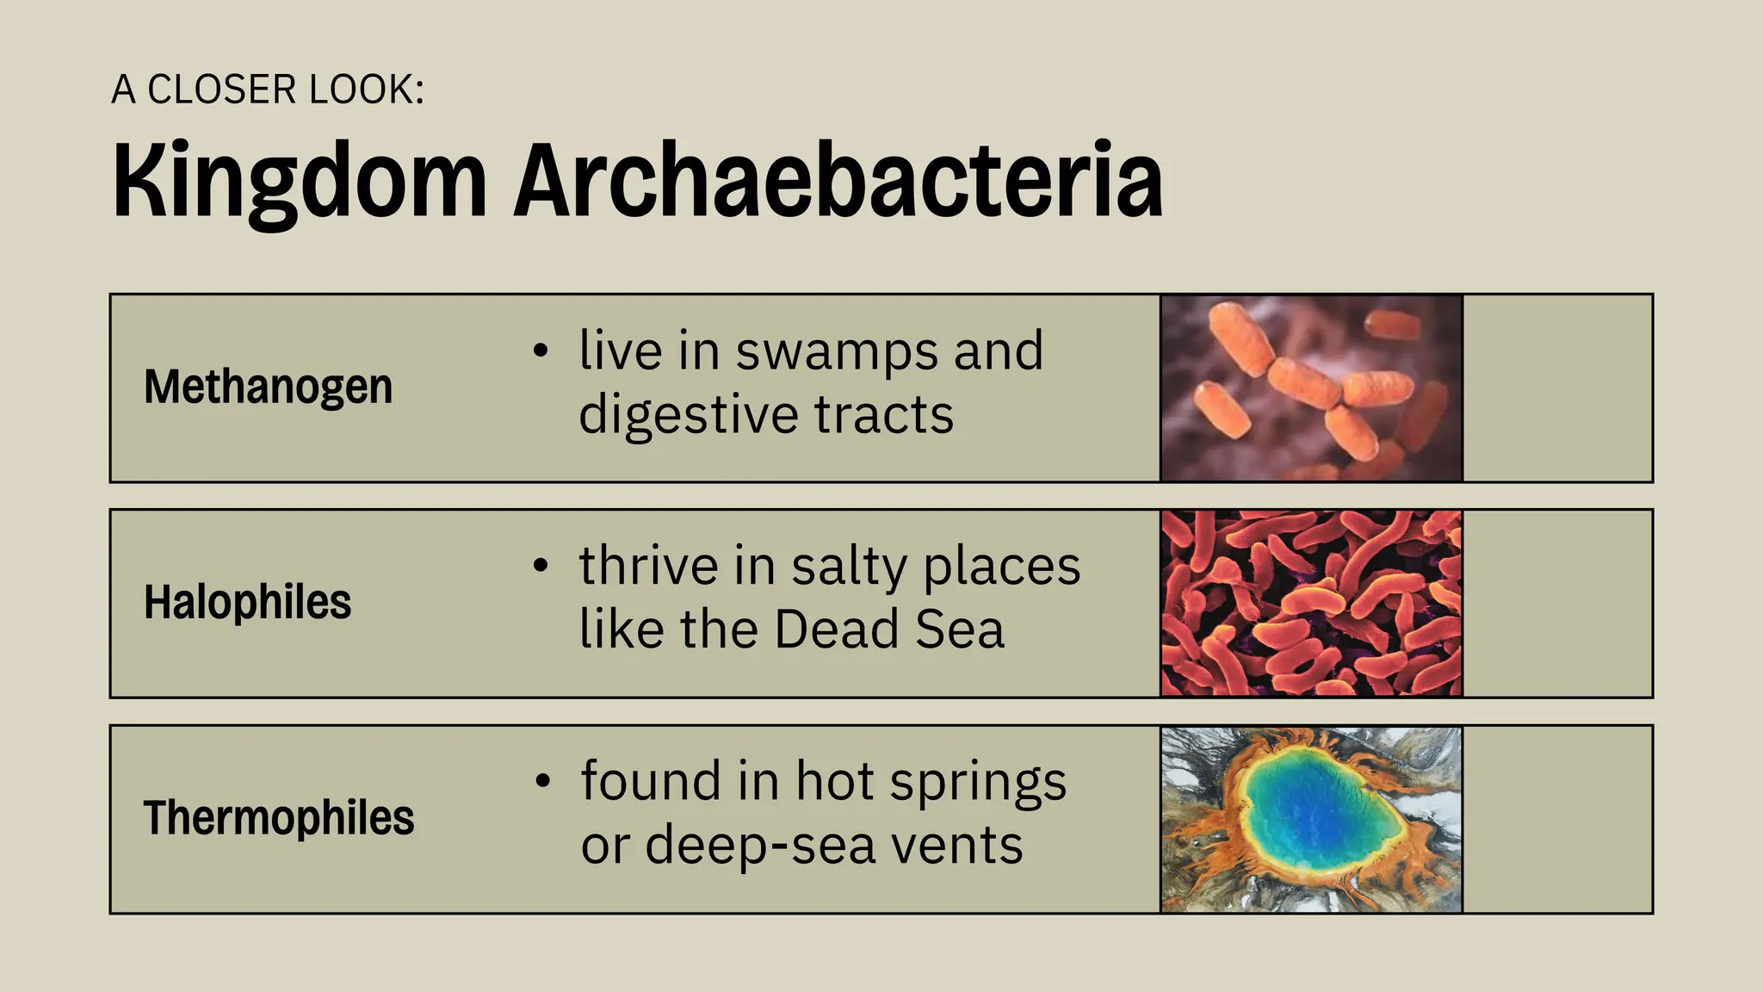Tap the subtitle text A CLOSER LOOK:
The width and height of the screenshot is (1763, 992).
[x=268, y=90]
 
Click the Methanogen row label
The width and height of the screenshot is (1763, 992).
[x=268, y=387]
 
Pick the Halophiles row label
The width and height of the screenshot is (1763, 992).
[x=247, y=602]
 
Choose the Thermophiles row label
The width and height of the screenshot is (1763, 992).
[x=279, y=817]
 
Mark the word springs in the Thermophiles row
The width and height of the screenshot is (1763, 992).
[x=978, y=782]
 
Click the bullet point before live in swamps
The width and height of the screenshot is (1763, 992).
[x=541, y=351]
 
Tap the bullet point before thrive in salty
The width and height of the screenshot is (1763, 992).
[x=541, y=567]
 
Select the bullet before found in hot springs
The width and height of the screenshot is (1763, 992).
[x=541, y=782]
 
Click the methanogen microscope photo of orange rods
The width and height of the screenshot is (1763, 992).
[x=1311, y=388]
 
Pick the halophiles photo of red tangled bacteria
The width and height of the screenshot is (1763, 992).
[x=1311, y=603]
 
